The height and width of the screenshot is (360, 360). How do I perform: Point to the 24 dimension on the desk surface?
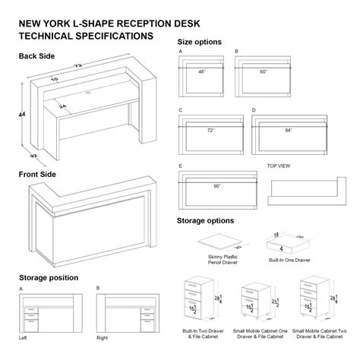click(63, 106)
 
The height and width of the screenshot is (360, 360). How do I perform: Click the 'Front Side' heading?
click(37, 174)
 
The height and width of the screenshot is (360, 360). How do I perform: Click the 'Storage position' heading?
click(51, 277)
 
